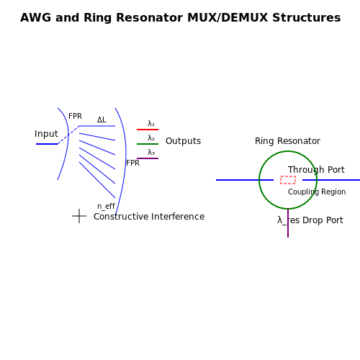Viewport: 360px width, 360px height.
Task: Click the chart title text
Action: [x=181, y=18]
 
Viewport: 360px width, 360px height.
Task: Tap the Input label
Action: [x=46, y=134]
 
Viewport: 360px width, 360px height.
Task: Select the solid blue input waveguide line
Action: [x=47, y=144]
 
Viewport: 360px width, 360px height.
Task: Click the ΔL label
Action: [x=102, y=120]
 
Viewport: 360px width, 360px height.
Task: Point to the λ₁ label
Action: [x=151, y=123]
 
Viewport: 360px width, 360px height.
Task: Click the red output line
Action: [x=148, y=130]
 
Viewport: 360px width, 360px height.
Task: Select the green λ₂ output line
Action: [x=148, y=144]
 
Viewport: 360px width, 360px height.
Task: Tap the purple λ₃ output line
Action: [x=148, y=158]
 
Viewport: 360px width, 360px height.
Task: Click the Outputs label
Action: [x=183, y=141]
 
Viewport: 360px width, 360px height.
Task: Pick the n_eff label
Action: [x=106, y=206]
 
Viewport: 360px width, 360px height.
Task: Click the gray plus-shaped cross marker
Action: [x=79, y=216]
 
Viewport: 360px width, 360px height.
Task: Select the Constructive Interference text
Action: [x=149, y=217]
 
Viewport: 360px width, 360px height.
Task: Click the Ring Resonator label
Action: [x=287, y=141]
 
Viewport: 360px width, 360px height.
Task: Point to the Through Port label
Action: [x=316, y=170]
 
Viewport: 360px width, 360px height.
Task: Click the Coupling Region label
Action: [x=317, y=192]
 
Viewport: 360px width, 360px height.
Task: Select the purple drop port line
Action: [x=288, y=223]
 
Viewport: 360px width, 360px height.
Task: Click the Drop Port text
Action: [x=323, y=220]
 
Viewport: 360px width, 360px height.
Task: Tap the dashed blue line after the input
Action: [x=68, y=135]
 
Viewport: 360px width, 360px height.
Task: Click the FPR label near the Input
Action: [x=75, y=116]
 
